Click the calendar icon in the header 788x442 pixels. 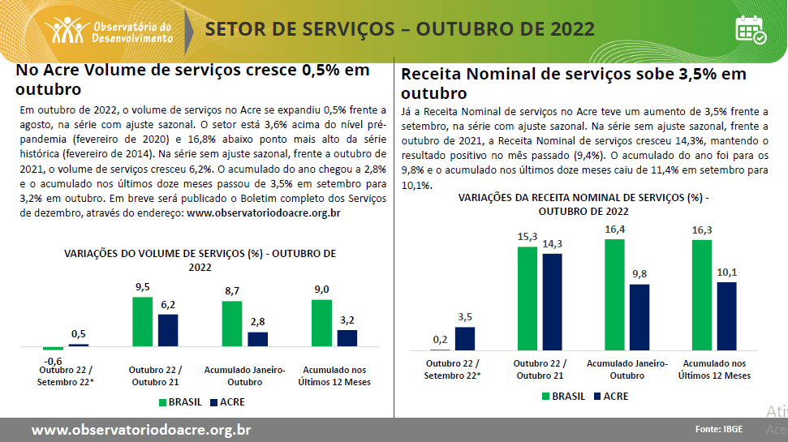[750, 29]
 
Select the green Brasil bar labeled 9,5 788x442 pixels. [142, 321]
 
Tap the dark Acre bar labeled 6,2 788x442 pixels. [168, 330]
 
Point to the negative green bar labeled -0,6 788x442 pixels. [53, 348]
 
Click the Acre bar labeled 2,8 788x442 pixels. [257, 339]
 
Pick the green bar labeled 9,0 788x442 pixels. [321, 323]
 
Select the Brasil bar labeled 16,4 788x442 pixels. [615, 294]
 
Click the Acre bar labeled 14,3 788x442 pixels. [553, 302]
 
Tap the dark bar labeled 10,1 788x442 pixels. [726, 316]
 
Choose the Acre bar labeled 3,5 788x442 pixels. [465, 338]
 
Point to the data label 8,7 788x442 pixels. [231, 290]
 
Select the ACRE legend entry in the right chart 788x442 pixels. [610, 397]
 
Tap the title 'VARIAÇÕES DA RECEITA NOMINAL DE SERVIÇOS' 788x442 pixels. [583, 198]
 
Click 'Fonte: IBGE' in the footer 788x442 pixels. [721, 429]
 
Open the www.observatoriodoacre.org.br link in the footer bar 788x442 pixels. [140, 430]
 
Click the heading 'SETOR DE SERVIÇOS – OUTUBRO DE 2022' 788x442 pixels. [399, 29]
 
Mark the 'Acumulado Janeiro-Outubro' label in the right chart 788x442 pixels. [627, 369]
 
